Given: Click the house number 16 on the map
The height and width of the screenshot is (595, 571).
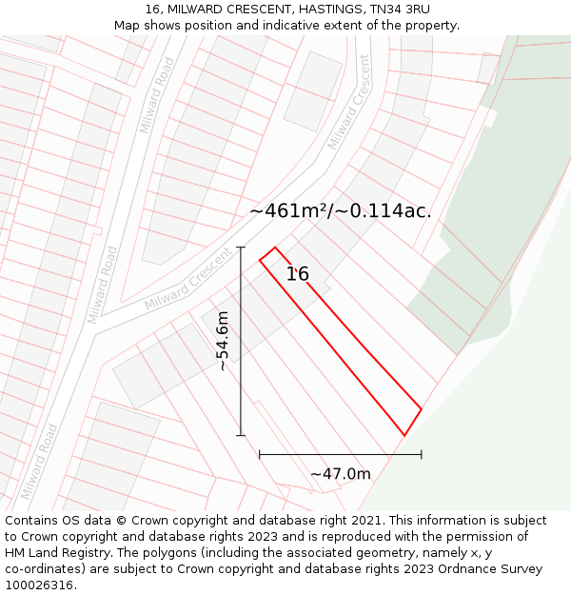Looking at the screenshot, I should coord(298,274).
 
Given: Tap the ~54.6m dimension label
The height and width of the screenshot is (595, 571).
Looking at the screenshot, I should coord(223,341).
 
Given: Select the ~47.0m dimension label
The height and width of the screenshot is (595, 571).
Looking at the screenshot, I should coord(340,473).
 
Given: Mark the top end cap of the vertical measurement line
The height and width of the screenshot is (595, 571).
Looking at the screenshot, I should coord(241,248).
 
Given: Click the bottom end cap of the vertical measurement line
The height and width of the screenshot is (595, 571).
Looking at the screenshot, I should coord(241,435).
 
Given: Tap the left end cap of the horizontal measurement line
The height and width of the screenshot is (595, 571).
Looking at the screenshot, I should coord(260,455).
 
